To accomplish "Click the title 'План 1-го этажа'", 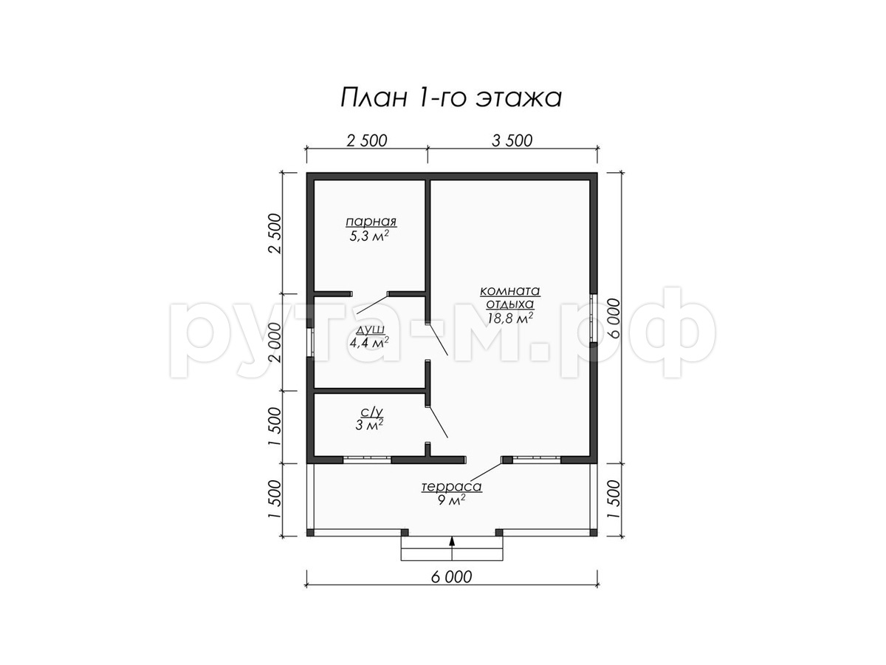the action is pyautogui.click(x=451, y=98).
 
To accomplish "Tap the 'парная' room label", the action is pyautogui.click(x=371, y=222).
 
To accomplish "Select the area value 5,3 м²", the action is pyautogui.click(x=369, y=236).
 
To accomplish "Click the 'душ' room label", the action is pyautogui.click(x=370, y=330).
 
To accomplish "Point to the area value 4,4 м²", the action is pyautogui.click(x=369, y=343).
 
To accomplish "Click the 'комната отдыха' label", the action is pyautogui.click(x=509, y=297).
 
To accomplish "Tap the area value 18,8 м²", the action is pyautogui.click(x=509, y=318).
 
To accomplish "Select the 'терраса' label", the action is pyautogui.click(x=451, y=486).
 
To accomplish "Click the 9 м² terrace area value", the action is pyautogui.click(x=451, y=501).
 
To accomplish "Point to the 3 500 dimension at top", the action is pyautogui.click(x=512, y=140).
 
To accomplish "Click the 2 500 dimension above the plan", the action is pyautogui.click(x=366, y=140).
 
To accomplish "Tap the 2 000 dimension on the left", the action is pyautogui.click(x=276, y=342).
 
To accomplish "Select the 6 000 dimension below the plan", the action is pyautogui.click(x=451, y=577).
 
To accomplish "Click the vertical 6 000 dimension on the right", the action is pyautogui.click(x=614, y=318).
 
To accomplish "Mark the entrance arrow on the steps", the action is pyautogui.click(x=452, y=547).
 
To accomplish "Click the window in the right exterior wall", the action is pyautogui.click(x=593, y=324).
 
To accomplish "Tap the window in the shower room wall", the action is pyautogui.click(x=310, y=341).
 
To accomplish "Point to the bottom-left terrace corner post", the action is pyautogui.click(x=310, y=533).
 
